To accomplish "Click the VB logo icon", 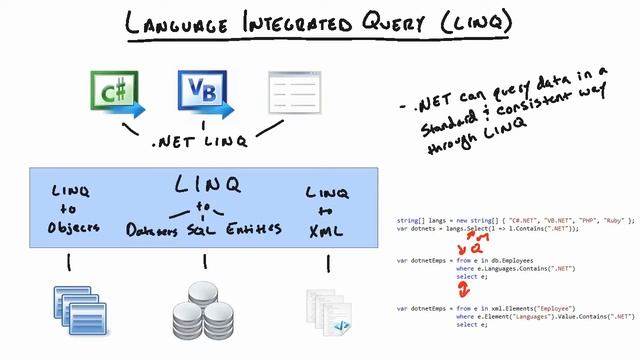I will coord(204,92).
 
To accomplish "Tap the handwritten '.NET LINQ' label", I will coord(205,143).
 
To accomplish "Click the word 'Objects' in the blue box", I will coord(73,228).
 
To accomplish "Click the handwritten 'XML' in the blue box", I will coord(327,230).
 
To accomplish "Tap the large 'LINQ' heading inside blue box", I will coord(208,185).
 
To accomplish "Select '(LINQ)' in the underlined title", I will coord(474,23).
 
